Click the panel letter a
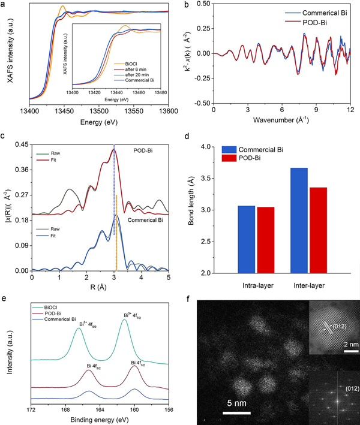point(4,5)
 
